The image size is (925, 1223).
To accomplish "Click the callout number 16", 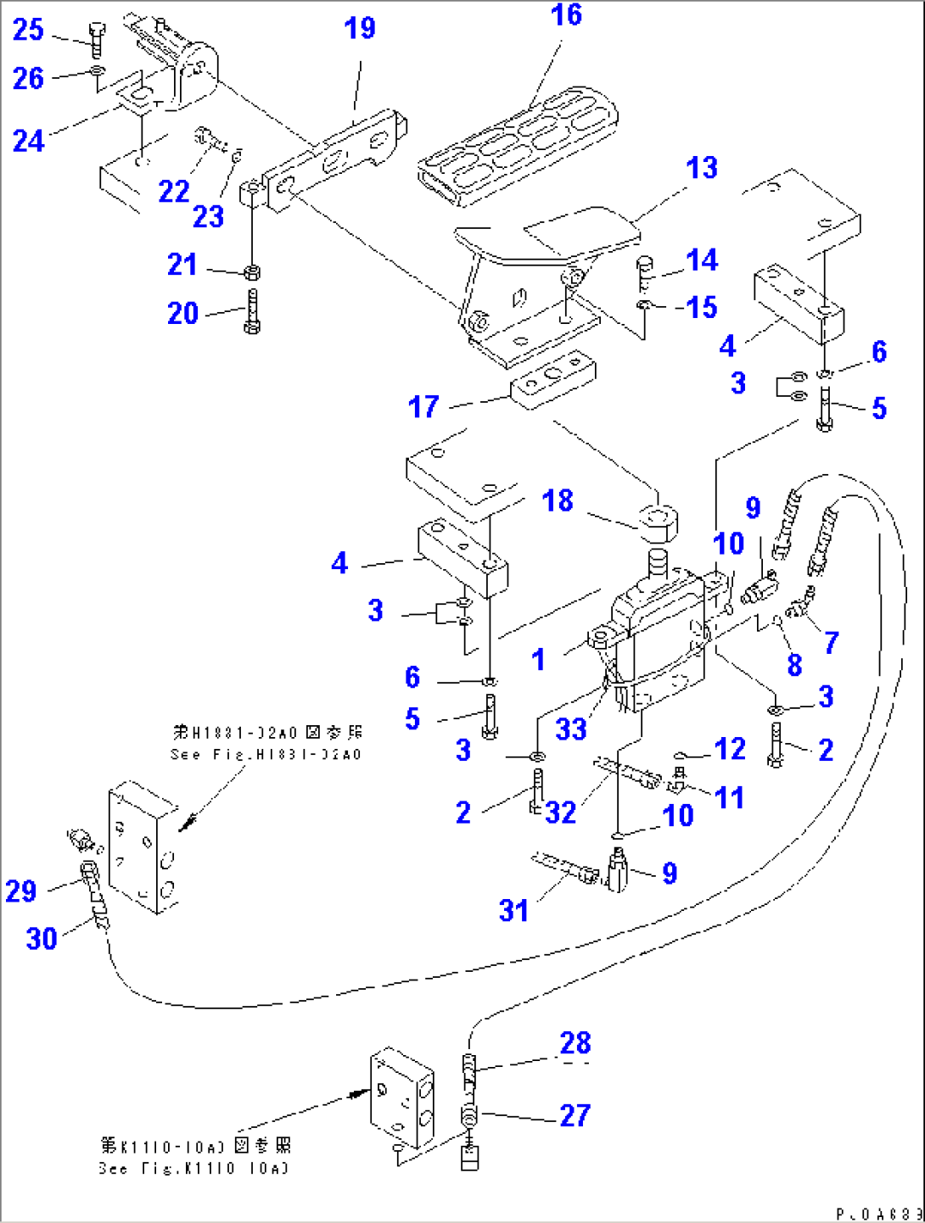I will click(x=566, y=15).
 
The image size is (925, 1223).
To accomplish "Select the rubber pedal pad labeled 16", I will click(x=518, y=144).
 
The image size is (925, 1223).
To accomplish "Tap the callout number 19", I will click(x=360, y=29).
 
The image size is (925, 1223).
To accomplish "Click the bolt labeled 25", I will click(x=96, y=39).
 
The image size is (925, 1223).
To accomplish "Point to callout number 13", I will click(x=702, y=168).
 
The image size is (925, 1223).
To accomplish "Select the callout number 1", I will click(x=538, y=659).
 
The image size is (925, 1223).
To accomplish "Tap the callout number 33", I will click(x=571, y=729).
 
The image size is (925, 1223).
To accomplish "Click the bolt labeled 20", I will click(x=252, y=313).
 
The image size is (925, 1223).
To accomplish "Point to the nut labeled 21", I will click(x=251, y=272).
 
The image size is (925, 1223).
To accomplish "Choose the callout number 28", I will click(x=575, y=1043).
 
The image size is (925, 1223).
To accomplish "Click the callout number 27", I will click(x=575, y=1114).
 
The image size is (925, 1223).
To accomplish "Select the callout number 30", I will click(x=42, y=938).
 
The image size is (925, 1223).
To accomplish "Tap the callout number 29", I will click(x=21, y=891).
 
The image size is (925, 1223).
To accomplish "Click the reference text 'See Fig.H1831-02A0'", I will click(x=266, y=754).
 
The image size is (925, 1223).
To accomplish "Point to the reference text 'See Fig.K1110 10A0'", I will click(x=193, y=1168).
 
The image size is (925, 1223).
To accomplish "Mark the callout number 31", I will click(x=513, y=910).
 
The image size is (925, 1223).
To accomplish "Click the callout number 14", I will click(x=702, y=260).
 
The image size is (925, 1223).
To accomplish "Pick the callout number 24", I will click(x=28, y=140).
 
